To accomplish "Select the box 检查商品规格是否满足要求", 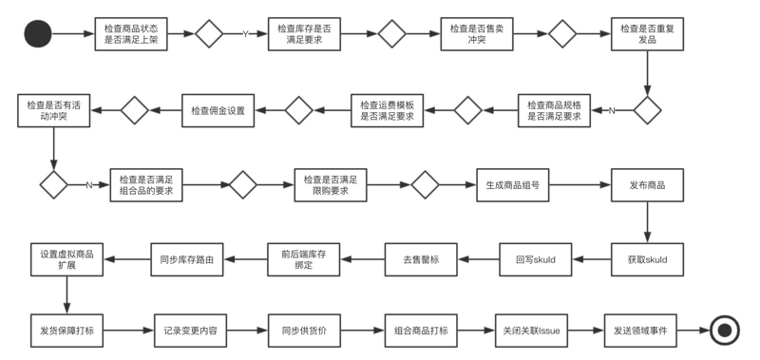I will (x=555, y=110).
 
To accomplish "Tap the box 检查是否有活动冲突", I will (x=53, y=110).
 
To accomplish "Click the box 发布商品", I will (x=647, y=184).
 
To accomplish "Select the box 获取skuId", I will (x=647, y=258).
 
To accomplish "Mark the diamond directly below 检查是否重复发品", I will (x=647, y=110).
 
